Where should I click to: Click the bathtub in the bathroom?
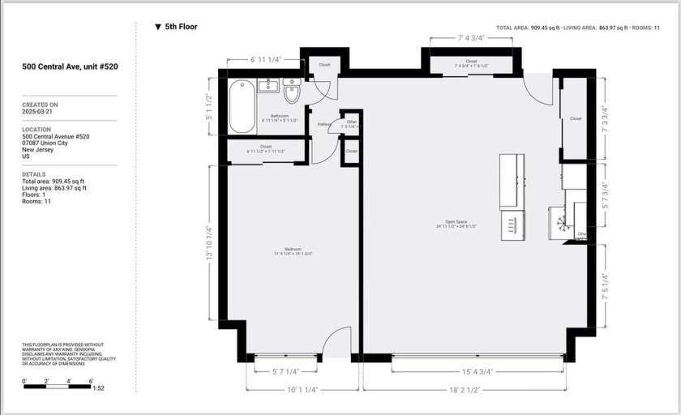(x=242, y=106)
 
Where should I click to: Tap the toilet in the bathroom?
(x=292, y=93)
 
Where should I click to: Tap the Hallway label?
(x=324, y=124)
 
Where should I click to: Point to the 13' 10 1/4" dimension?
(x=209, y=242)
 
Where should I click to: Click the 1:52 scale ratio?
(x=98, y=388)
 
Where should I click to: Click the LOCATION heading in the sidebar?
(x=37, y=130)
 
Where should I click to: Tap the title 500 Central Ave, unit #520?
(x=70, y=66)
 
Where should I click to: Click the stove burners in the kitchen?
(x=512, y=225)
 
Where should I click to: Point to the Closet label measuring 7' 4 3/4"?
(x=471, y=63)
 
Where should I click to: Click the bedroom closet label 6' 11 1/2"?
(x=266, y=149)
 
